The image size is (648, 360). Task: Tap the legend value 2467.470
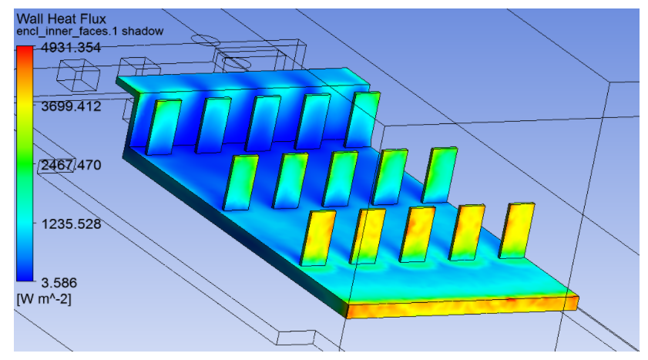pos(69,165)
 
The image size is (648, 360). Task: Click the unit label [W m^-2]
pos(45,298)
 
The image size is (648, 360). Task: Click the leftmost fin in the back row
pos(162,126)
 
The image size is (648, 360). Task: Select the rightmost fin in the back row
pos(363,119)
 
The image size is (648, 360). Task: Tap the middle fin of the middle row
pos(340,177)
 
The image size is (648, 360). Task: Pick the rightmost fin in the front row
pos(517,230)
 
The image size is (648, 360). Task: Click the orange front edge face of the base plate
pos(462,304)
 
